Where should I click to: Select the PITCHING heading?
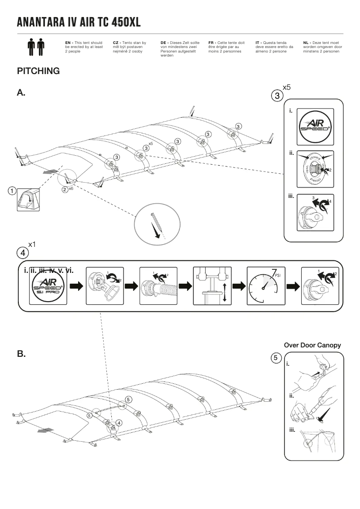click(x=38, y=71)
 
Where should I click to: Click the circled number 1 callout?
click(x=11, y=190)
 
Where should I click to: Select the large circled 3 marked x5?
click(x=277, y=95)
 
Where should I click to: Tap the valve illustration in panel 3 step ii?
click(x=314, y=167)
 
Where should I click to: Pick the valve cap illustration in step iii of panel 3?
click(x=314, y=213)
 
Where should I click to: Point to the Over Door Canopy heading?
click(x=312, y=345)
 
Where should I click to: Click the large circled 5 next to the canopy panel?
click(x=277, y=358)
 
